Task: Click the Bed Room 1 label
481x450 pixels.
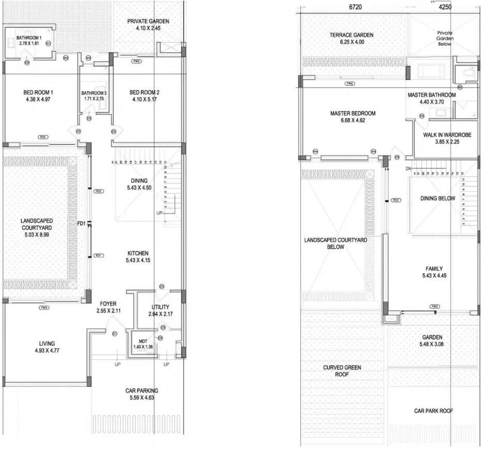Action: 38,93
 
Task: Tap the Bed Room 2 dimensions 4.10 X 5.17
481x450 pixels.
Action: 145,99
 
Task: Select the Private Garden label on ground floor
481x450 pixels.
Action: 148,21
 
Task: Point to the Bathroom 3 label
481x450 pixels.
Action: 93,94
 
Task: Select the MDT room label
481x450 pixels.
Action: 143,341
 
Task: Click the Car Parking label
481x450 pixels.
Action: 142,391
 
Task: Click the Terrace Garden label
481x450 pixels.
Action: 352,35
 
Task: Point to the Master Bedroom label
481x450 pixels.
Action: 353,113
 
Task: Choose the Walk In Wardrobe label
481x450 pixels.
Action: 447,134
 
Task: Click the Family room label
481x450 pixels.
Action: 434,269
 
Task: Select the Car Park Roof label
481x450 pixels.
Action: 433,411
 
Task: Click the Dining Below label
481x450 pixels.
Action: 438,198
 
